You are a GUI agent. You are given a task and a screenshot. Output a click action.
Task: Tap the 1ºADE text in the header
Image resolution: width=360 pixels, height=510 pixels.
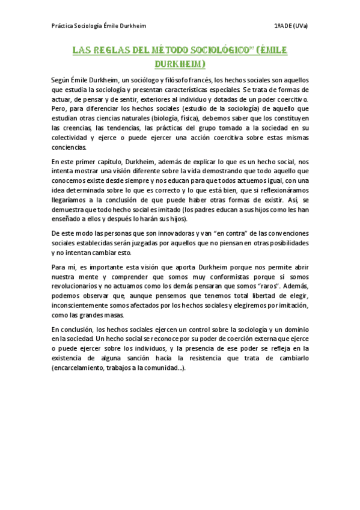283,26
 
